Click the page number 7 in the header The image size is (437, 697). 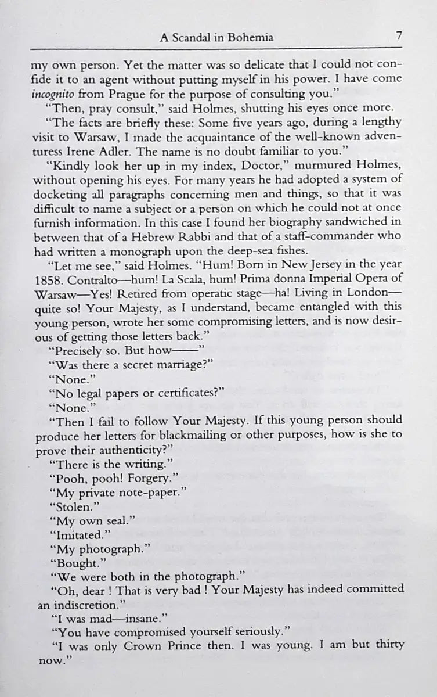point(399,36)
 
